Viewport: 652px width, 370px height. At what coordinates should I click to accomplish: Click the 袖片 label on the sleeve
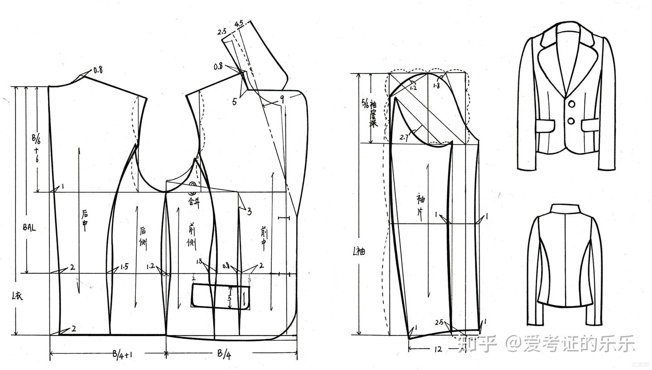[x=421, y=207]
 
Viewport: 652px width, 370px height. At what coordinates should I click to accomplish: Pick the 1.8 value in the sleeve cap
[x=436, y=86]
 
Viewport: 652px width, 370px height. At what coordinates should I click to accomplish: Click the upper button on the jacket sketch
[x=571, y=104]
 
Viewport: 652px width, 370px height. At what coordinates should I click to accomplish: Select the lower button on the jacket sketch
[x=571, y=121]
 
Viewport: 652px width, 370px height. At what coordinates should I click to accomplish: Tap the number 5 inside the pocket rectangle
[x=230, y=299]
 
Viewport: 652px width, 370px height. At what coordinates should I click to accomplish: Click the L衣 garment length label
[x=16, y=297]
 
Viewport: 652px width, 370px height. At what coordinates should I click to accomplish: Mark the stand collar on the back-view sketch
[x=565, y=209]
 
